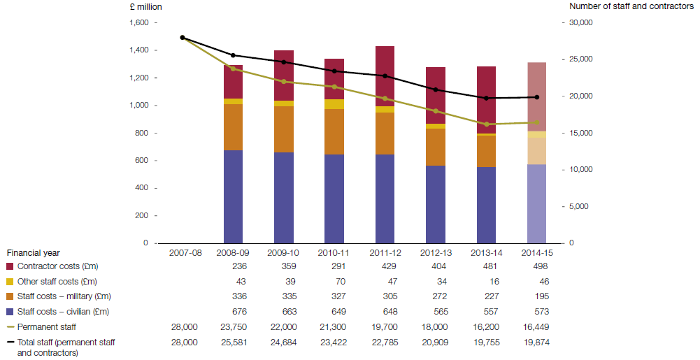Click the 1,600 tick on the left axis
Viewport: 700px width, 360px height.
click(x=139, y=22)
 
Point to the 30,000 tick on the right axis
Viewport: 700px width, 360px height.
click(x=581, y=22)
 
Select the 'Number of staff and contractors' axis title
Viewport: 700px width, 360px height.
click(x=632, y=6)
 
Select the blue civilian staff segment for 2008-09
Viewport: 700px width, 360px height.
click(x=233, y=196)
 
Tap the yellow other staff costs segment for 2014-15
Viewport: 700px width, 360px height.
click(x=536, y=134)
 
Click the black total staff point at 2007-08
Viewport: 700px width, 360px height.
click(x=183, y=38)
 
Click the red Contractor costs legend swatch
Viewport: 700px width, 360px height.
click(x=10, y=266)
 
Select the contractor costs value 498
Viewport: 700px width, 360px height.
click(x=536, y=266)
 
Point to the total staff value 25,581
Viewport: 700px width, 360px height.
click(x=233, y=343)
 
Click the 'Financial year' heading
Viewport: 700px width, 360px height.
click(x=33, y=252)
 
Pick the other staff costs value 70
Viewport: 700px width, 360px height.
click(x=334, y=281)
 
